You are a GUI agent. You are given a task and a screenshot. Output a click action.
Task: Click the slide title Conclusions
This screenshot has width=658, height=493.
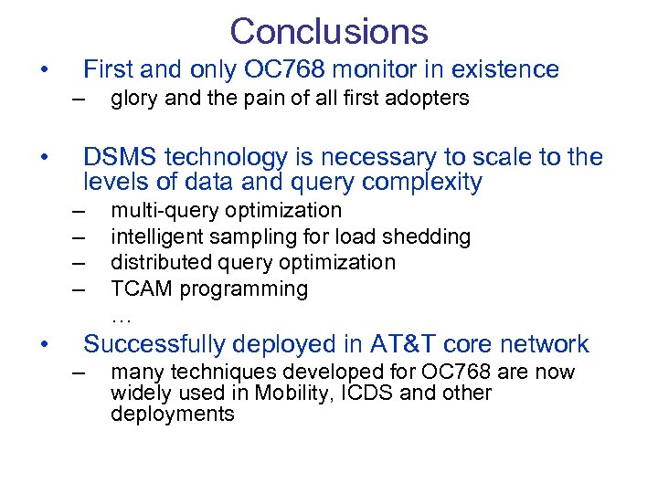coord(329,31)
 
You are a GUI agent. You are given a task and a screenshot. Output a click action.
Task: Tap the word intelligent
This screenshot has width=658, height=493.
coord(156,237)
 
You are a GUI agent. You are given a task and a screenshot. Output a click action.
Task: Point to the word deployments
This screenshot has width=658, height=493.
coord(173,414)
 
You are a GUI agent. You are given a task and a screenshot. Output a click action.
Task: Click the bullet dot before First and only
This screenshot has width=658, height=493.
coord(43,70)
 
